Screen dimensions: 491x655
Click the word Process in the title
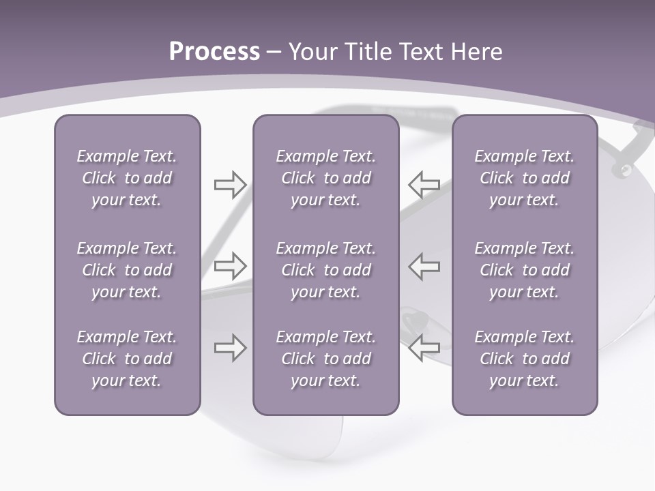click(x=214, y=52)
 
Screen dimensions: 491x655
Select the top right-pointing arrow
click(x=231, y=184)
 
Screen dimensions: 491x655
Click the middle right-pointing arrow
click(x=231, y=265)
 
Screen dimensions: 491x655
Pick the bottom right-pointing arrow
click(x=231, y=347)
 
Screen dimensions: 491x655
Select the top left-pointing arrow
click(x=424, y=184)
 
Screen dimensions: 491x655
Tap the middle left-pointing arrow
click(x=424, y=265)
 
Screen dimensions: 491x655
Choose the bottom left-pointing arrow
click(x=424, y=347)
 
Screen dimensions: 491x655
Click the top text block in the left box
click(x=127, y=178)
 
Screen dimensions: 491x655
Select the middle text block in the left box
click(x=127, y=270)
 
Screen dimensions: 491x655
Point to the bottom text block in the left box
click(x=127, y=359)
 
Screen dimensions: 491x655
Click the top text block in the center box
click(x=326, y=178)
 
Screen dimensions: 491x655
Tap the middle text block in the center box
click(x=326, y=270)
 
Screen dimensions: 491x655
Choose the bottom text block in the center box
click(x=326, y=359)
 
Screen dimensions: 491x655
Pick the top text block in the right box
click(x=525, y=178)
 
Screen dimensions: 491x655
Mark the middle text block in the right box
click(x=525, y=270)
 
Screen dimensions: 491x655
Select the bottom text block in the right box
click(x=525, y=359)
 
